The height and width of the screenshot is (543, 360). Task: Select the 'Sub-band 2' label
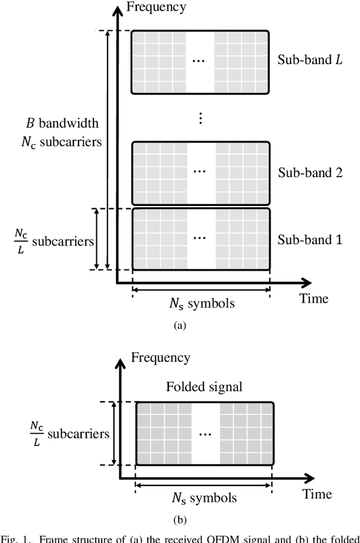click(310, 172)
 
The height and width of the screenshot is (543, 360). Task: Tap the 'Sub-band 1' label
click(310, 240)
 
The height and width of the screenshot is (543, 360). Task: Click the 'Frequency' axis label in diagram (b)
click(160, 357)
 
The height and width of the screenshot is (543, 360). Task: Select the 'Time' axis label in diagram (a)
click(314, 298)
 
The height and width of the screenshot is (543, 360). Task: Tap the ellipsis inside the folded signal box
click(205, 434)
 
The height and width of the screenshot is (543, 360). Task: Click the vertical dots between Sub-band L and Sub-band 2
click(201, 118)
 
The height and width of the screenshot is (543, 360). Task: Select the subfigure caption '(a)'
click(179, 325)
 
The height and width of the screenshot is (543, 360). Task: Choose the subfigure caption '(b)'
click(179, 520)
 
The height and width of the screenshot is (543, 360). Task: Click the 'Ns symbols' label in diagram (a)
click(202, 304)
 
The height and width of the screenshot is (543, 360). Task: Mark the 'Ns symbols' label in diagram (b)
click(204, 498)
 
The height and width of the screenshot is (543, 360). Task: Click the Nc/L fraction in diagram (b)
click(35, 434)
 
